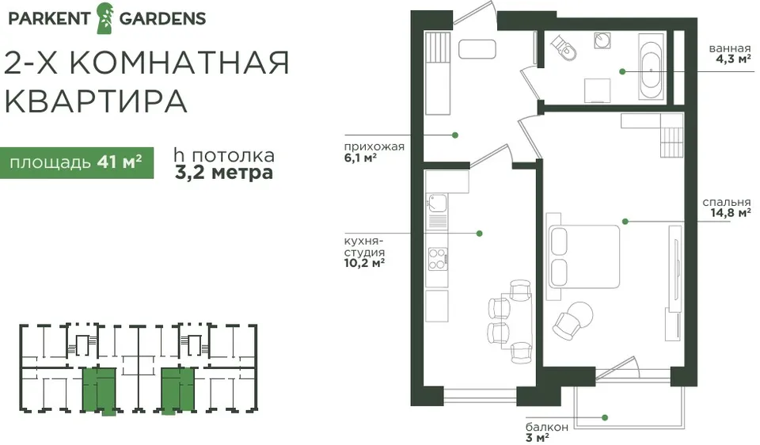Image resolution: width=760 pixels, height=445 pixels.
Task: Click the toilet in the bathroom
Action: coord(564,48)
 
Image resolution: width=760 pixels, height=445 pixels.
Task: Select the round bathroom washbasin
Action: coord(602,40)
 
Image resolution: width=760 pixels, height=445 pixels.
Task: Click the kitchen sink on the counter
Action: coord(437,203)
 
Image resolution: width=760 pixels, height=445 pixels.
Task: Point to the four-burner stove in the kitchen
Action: coord(437,259)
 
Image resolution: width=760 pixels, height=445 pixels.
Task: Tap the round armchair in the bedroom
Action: coord(573,320)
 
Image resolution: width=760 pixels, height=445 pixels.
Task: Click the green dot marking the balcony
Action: coord(605,417)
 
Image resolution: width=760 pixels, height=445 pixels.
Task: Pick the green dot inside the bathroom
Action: coord(622,71)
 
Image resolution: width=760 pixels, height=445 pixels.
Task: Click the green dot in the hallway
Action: coord(455,135)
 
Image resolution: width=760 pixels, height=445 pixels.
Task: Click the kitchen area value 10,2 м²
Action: coord(364,263)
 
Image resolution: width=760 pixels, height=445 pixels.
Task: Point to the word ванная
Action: coord(729,48)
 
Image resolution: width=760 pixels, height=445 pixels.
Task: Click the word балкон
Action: coord(547,427)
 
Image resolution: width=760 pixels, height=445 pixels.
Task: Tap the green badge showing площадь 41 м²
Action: coord(77,162)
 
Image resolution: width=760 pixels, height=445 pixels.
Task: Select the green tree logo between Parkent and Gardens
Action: coord(104,18)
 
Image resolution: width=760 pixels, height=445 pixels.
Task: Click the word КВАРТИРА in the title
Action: coord(96,101)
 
